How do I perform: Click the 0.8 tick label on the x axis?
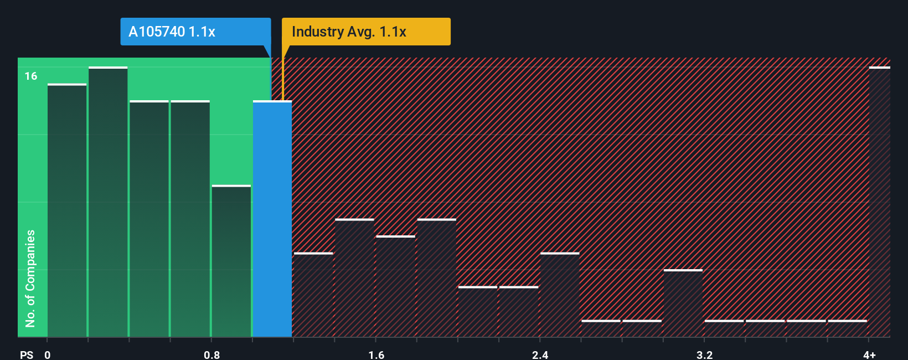[x=211, y=354]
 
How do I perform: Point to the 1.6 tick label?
[x=376, y=354]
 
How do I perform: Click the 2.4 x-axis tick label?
[x=540, y=354]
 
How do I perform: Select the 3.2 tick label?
[x=704, y=354]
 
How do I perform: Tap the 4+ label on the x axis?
[x=869, y=354]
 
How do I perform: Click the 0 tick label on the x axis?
[x=48, y=354]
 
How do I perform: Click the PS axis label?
[x=27, y=354]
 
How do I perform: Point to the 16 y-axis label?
[x=31, y=76]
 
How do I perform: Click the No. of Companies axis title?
[x=30, y=278]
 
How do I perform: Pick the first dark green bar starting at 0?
[x=67, y=210]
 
